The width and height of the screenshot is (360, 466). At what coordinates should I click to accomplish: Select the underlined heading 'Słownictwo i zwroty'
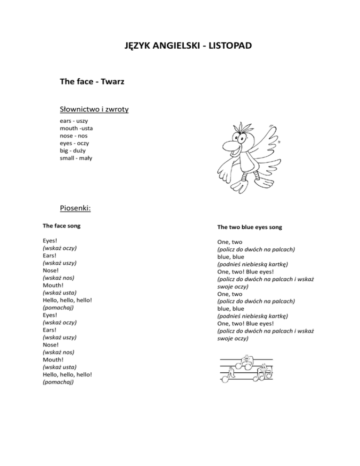(95, 110)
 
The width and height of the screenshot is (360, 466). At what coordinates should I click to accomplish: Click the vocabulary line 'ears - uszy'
(74, 121)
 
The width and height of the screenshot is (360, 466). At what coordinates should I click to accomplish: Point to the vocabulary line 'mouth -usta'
(77, 128)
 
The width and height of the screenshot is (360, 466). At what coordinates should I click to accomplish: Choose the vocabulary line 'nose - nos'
(74, 136)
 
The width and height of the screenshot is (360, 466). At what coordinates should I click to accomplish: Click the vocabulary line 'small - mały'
(76, 158)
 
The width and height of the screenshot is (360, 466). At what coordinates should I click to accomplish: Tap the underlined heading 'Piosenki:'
(75, 207)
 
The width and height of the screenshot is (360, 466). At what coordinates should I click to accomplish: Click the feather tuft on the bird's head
(243, 127)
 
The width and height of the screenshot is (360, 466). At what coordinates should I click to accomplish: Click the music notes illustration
(246, 368)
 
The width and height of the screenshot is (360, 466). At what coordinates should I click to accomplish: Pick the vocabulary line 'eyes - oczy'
(75, 143)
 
